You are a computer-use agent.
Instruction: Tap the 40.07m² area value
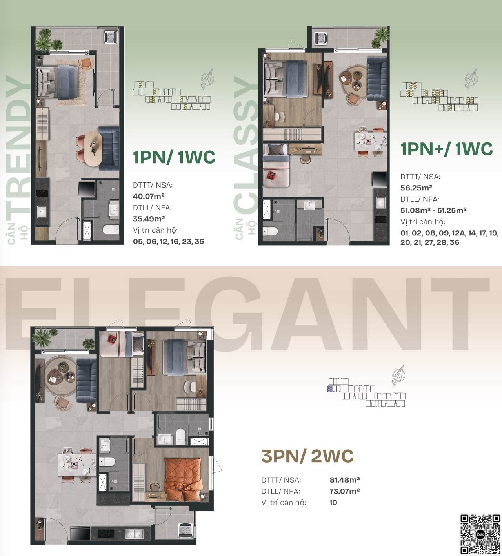149,196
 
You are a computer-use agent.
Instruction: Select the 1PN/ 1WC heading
174,157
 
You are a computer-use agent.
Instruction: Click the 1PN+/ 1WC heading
446,149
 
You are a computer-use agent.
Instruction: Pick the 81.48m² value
345,480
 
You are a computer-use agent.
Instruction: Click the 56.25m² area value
417,188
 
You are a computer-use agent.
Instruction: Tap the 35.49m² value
149,219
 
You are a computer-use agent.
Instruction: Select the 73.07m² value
345,491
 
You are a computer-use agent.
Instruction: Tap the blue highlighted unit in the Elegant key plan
330,389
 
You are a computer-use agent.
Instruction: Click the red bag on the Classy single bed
270,175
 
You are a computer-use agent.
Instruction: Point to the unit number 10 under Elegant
333,503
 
